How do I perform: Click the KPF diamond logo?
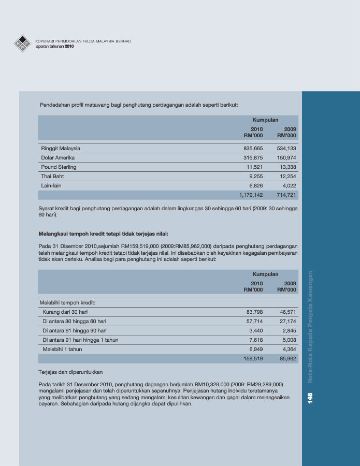click(22, 43)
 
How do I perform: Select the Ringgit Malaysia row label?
click(61, 149)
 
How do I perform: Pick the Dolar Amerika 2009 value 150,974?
click(286, 158)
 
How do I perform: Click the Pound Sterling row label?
click(59, 167)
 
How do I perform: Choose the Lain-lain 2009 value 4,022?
click(288, 185)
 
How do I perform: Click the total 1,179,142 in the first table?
click(251, 195)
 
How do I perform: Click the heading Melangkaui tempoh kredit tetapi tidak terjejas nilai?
click(103, 234)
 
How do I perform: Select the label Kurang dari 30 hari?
click(65, 312)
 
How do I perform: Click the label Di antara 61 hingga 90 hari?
click(75, 331)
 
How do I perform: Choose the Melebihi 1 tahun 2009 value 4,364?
click(288, 349)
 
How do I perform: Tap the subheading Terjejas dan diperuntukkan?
click(70, 372)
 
